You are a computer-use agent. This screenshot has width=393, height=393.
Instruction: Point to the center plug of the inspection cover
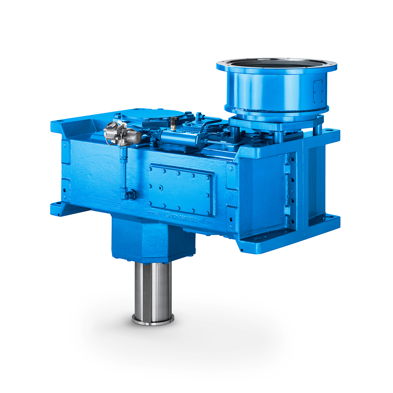(x=160, y=188)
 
